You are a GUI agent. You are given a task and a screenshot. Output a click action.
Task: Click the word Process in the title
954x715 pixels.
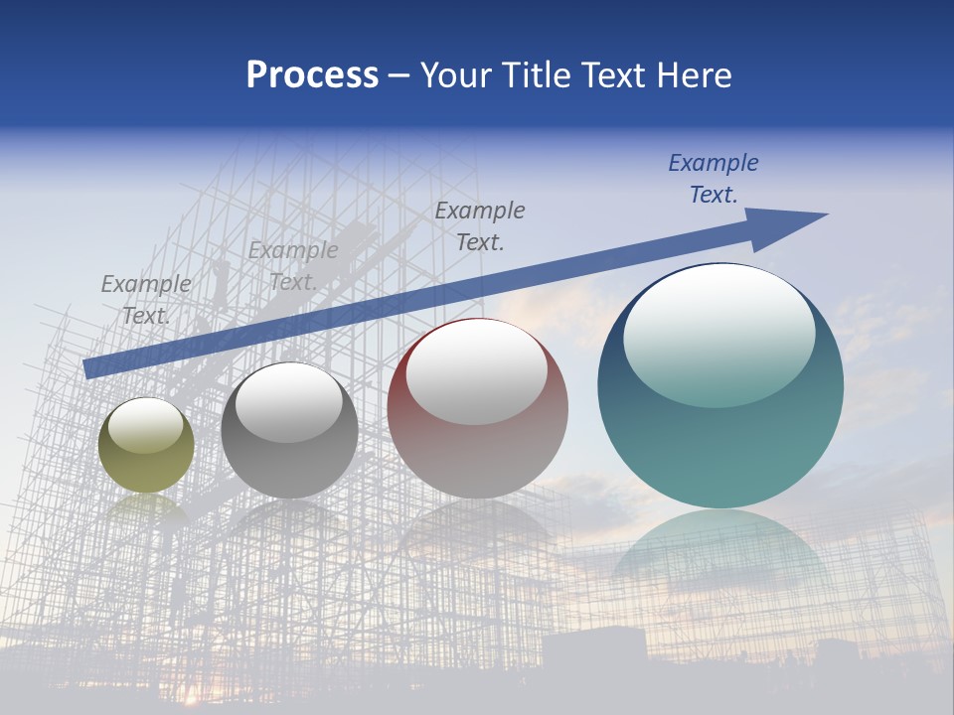312,75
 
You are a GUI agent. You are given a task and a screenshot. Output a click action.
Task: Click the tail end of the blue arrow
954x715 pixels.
89,367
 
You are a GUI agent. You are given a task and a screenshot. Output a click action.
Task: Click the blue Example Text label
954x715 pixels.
714,179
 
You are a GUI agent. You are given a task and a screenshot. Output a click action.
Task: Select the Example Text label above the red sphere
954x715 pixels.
480,225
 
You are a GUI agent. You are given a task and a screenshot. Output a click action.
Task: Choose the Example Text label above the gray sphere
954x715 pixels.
293,266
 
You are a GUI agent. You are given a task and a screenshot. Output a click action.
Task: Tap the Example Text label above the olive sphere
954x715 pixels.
146,300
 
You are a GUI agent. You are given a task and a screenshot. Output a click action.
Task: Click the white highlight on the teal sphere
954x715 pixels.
718,333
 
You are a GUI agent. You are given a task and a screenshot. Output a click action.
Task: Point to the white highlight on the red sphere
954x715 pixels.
477,369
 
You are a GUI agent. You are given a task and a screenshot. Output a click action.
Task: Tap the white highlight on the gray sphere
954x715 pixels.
289,402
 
